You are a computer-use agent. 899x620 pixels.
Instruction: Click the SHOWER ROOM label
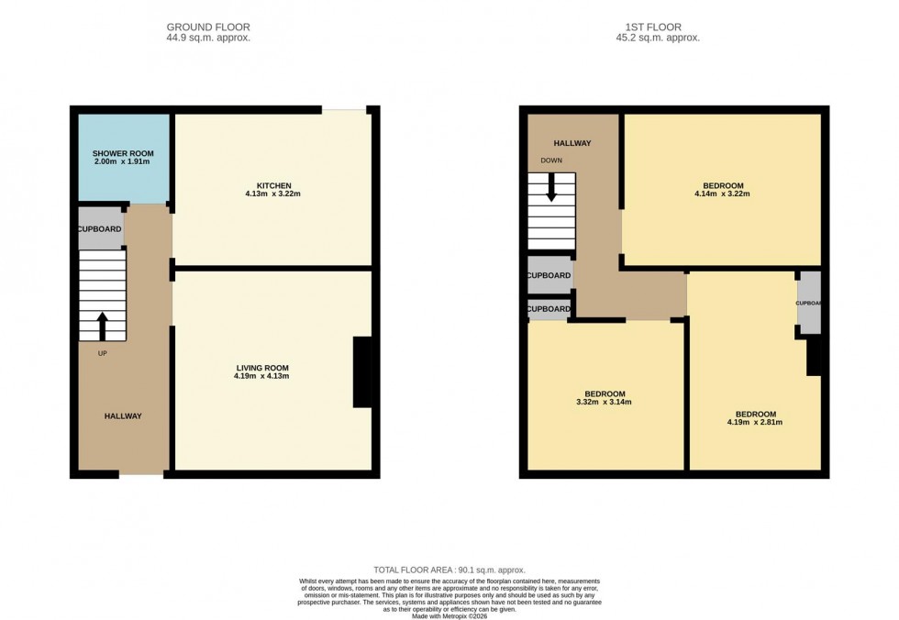(x=122, y=153)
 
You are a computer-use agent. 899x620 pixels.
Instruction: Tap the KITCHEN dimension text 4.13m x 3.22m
(x=272, y=194)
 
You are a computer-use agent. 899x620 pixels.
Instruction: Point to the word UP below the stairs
(x=102, y=353)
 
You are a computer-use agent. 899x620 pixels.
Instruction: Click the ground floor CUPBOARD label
(x=100, y=228)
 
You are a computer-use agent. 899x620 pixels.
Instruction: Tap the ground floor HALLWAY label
(x=122, y=416)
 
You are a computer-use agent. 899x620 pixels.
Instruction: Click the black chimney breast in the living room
(x=363, y=372)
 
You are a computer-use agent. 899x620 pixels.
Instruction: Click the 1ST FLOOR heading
(x=658, y=28)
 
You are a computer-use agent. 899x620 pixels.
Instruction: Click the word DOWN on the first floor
(x=551, y=161)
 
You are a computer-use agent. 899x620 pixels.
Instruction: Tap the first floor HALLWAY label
(x=572, y=143)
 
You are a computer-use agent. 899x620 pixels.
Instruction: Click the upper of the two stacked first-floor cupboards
(x=549, y=275)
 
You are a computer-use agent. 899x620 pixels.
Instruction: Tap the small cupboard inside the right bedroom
(x=809, y=303)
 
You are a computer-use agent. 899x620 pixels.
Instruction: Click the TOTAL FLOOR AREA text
(x=449, y=570)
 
